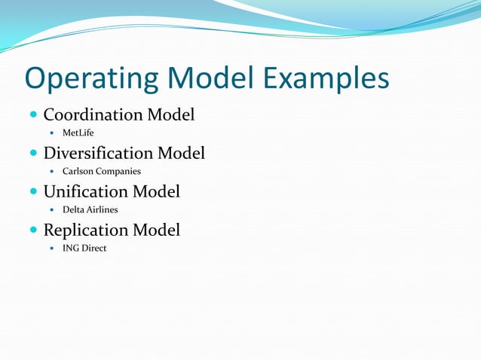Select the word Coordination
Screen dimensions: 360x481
click(x=93, y=115)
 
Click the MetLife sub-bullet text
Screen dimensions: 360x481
click(x=78, y=133)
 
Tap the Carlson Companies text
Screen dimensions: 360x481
click(x=101, y=172)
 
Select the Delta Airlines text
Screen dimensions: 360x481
click(x=90, y=210)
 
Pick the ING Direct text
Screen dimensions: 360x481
click(x=84, y=249)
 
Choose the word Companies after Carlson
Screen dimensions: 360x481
click(x=117, y=172)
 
